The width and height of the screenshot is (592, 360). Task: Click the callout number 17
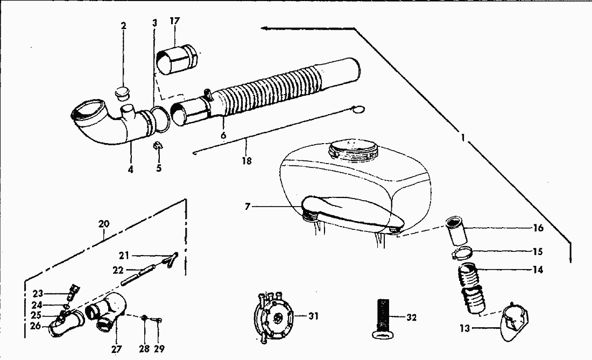tap(175, 22)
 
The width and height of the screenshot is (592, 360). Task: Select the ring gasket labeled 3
tap(158, 118)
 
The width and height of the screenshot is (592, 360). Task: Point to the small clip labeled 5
tap(158, 146)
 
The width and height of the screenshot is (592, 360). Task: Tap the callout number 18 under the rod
tap(247, 160)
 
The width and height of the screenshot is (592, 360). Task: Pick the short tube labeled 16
tap(455, 230)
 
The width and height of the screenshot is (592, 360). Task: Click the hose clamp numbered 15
tap(464, 251)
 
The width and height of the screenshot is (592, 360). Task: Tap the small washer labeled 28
tap(145, 319)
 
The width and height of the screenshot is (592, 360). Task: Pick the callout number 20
tap(104, 222)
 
